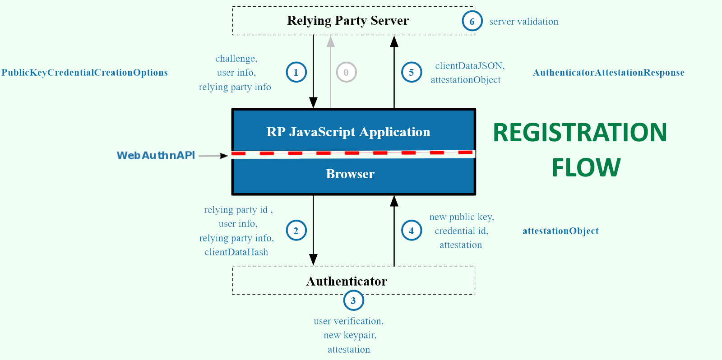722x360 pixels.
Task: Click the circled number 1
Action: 296,72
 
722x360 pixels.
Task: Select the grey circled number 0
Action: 346,72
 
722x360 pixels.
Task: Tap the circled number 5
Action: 412,72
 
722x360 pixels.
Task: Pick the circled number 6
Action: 472,21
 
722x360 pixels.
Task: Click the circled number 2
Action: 296,231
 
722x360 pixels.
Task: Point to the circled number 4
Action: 412,231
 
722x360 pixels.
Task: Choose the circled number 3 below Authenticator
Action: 353,300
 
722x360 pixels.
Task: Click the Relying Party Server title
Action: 347,21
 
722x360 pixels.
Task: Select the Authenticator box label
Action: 347,282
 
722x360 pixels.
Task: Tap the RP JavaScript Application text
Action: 348,132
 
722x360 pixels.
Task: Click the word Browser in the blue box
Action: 350,174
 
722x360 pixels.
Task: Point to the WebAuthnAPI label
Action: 156,156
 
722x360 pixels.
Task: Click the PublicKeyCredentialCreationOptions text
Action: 84,73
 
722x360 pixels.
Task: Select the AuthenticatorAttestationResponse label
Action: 608,73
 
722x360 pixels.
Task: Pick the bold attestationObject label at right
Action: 560,231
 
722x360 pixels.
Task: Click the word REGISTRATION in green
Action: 580,133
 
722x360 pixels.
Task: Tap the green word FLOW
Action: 586,168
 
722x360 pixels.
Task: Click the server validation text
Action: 523,22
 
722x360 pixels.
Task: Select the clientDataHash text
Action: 236,252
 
